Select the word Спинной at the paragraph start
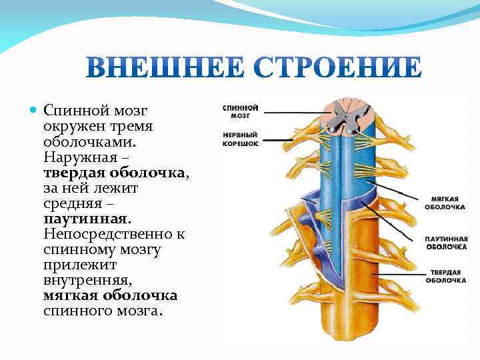[71, 109]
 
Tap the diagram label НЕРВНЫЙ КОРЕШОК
[240, 139]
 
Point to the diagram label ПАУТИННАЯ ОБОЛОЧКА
[446, 243]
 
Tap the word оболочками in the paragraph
[89, 142]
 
